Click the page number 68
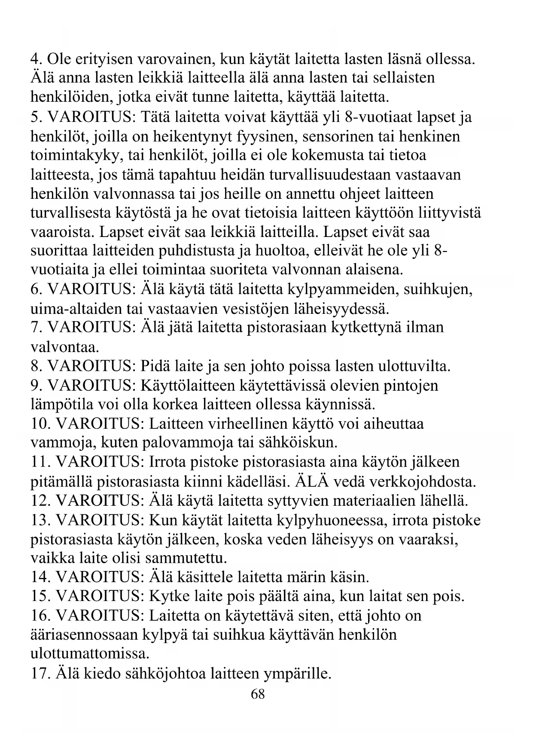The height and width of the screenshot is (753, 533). (x=258, y=694)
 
